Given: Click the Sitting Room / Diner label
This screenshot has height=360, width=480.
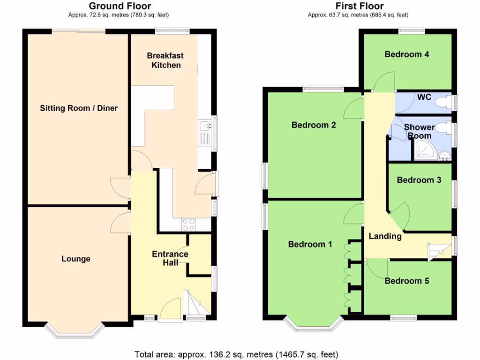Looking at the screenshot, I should tap(78, 108).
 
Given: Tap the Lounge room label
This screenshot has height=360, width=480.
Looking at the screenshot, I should tap(75, 259).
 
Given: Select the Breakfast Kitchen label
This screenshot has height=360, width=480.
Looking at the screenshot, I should tap(166, 60).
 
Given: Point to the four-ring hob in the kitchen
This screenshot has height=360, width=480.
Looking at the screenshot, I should tap(188, 225).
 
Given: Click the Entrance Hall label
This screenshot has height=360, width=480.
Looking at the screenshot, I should tap(170, 258).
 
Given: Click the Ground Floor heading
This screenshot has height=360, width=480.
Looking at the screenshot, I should tap(120, 6).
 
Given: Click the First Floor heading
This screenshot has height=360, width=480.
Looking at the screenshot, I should tap(360, 6).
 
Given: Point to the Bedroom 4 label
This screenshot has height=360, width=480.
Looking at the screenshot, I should tap(406, 54).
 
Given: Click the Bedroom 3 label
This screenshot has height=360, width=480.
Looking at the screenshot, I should tap(419, 180).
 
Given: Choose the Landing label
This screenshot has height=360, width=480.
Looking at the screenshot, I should tap(385, 236).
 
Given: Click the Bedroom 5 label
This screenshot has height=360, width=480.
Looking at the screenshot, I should tap(406, 281).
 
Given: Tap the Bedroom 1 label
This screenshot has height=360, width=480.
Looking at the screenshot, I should tap(310, 244).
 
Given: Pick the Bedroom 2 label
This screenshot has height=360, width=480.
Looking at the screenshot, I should tap(313, 125).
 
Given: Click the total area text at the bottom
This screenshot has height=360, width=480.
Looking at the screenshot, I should tap(236, 354).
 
